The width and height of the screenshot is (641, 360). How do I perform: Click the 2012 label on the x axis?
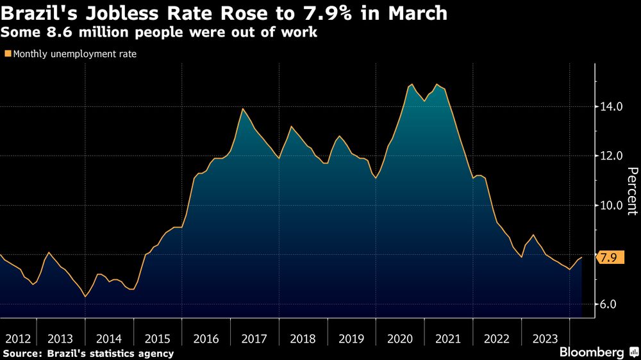(x=17, y=338)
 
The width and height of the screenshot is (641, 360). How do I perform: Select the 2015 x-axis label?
(x=158, y=338)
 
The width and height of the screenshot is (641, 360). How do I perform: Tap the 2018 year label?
(x=303, y=338)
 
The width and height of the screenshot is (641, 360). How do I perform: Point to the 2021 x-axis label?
(x=448, y=338)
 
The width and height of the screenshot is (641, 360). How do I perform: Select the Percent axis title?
(x=632, y=190)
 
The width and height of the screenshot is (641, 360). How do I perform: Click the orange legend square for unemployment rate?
(x=8, y=54)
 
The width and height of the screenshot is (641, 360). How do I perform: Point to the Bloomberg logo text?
(x=592, y=352)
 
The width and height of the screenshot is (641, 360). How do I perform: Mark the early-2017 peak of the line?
(x=243, y=109)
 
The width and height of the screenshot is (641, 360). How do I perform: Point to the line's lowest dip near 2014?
(x=85, y=297)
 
